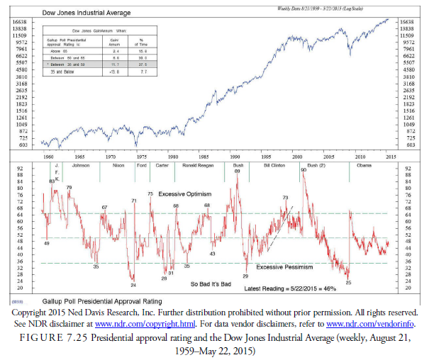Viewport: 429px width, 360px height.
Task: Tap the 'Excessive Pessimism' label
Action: (284, 267)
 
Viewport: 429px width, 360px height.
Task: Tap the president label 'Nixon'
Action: (117, 165)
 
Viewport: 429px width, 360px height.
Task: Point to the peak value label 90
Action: (303, 170)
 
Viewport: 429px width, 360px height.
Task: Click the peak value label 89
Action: (237, 171)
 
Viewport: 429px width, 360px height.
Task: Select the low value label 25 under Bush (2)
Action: (348, 283)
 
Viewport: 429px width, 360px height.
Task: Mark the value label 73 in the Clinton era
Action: (285, 197)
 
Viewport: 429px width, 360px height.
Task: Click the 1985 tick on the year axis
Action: (204, 154)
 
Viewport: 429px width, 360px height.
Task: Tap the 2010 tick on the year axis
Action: (360, 154)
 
